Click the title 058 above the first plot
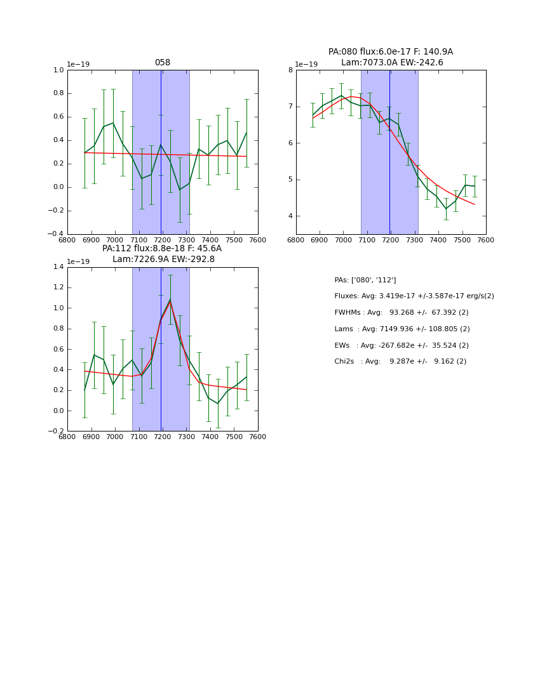point(163,63)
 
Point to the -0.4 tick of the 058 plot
point(56,234)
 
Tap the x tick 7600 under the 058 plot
point(258,240)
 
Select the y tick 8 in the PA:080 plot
point(290,70)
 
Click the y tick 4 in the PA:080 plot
point(290,216)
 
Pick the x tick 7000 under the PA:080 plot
point(343,240)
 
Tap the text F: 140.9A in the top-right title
point(432,52)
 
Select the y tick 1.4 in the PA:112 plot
point(58,267)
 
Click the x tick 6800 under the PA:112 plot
point(67,437)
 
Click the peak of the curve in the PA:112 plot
point(170,300)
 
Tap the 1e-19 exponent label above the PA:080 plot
point(306,65)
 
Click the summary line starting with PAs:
point(365,280)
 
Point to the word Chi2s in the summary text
point(344,362)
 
